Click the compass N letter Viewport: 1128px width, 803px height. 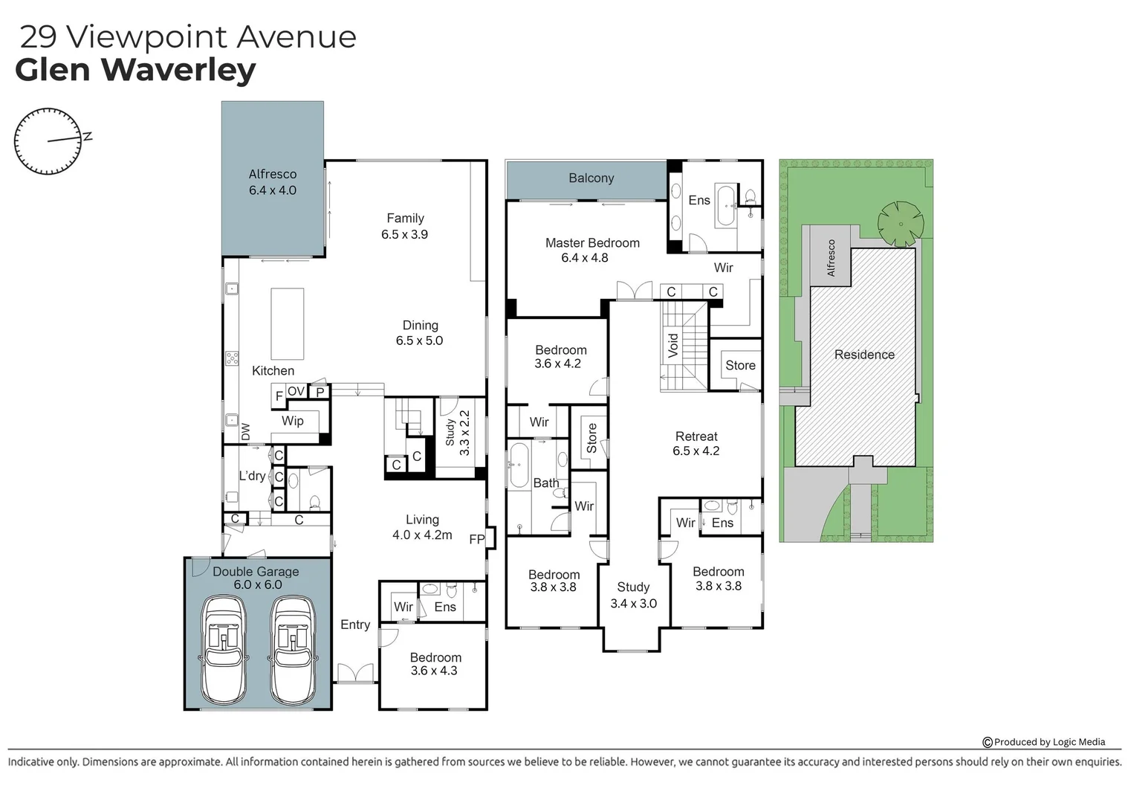pyautogui.click(x=88, y=136)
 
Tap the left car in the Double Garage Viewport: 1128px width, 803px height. pyautogui.click(x=224, y=650)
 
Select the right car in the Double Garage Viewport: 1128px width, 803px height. pyautogui.click(x=293, y=650)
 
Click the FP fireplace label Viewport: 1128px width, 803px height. pyautogui.click(x=477, y=540)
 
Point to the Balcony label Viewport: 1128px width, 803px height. pyautogui.click(x=591, y=178)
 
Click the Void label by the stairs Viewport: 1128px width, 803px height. pyautogui.click(x=673, y=346)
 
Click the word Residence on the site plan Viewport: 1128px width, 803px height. pyautogui.click(x=864, y=355)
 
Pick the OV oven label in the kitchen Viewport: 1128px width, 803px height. pyautogui.click(x=296, y=391)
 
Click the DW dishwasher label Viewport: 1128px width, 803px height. pyautogui.click(x=245, y=432)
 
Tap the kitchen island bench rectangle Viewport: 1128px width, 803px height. pyautogui.click(x=288, y=324)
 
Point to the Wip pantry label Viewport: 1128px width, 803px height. pyautogui.click(x=293, y=421)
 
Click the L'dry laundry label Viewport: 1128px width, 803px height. pyautogui.click(x=252, y=476)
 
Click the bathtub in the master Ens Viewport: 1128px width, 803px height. pyautogui.click(x=726, y=205)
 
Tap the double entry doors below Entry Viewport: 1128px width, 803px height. pyautogui.click(x=355, y=673)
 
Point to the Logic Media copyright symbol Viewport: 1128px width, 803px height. pyautogui.click(x=988, y=742)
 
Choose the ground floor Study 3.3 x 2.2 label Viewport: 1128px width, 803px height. pyautogui.click(x=458, y=433)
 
